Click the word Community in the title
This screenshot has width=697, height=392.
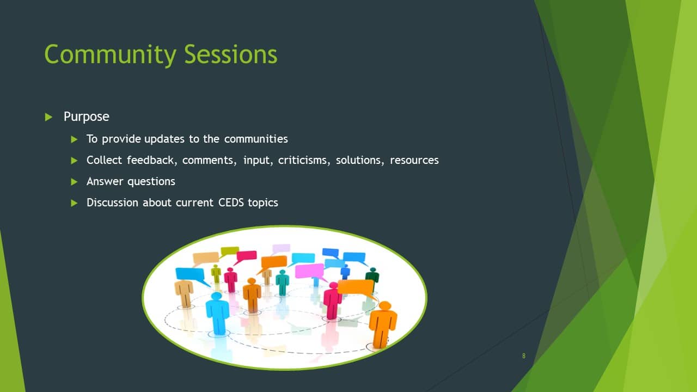click(111, 54)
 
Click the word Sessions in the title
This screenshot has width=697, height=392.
click(230, 54)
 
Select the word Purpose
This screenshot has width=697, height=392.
click(87, 117)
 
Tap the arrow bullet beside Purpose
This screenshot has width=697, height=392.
click(48, 117)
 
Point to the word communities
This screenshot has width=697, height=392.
click(256, 139)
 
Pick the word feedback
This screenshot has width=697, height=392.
click(152, 160)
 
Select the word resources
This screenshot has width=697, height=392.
click(414, 161)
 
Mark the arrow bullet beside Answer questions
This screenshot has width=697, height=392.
click(74, 182)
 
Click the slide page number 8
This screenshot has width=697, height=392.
click(524, 356)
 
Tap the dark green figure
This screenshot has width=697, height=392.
click(372, 278)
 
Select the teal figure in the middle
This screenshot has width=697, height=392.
click(282, 283)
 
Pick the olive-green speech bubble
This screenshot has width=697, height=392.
click(230, 251)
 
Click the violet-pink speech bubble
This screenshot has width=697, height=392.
click(310, 271)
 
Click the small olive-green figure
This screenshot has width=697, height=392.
click(216, 274)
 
